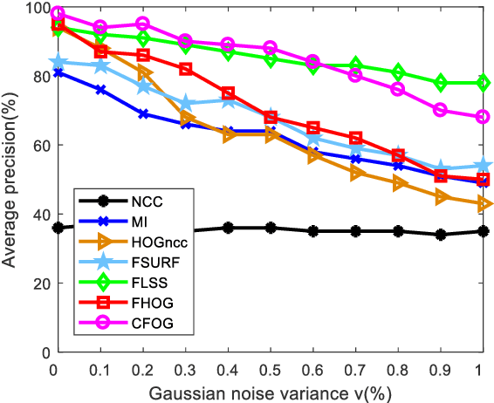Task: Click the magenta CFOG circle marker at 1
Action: [481, 117]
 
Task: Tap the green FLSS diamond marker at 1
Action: [481, 83]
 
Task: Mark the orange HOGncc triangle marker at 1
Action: [481, 203]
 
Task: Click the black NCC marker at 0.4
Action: [227, 228]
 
